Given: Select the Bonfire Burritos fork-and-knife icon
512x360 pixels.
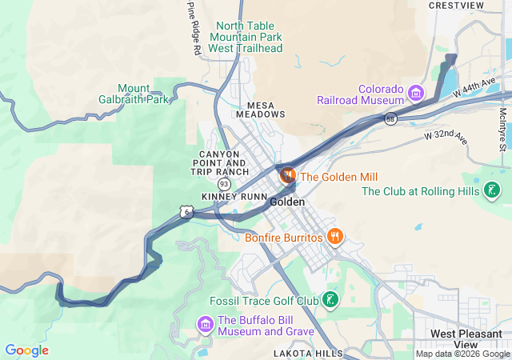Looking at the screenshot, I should click(x=335, y=238).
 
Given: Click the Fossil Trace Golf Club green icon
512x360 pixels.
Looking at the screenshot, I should click(x=330, y=301).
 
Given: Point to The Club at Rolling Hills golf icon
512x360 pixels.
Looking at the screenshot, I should click(x=493, y=191).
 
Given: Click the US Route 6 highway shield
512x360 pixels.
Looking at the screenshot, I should click(x=186, y=212).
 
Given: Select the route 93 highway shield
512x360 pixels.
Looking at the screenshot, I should click(x=225, y=184).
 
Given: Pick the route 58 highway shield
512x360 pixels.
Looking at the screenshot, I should click(x=390, y=119).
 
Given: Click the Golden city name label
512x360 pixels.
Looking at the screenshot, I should click(x=287, y=202).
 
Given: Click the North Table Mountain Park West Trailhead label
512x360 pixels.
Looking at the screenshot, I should click(x=246, y=37).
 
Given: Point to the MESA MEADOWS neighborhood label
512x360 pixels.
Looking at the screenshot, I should click(x=260, y=110).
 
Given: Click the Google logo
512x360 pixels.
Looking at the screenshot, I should click(x=26, y=350).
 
